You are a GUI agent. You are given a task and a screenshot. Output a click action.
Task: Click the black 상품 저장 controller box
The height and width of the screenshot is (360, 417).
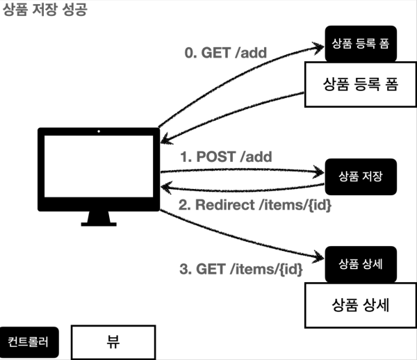(357, 174)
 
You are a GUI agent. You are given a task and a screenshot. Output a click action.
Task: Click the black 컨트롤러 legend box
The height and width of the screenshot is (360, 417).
(29, 342)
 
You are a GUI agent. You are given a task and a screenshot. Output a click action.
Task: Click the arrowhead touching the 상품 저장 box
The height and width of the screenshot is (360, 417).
(320, 170)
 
